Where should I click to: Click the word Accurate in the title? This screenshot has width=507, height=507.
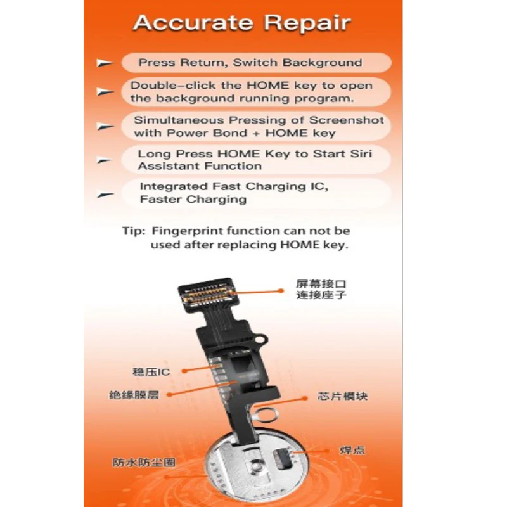193,23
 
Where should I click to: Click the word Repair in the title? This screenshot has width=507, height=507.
307,23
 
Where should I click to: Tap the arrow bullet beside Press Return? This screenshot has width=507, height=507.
105,63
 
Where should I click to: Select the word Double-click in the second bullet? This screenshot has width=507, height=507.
173,86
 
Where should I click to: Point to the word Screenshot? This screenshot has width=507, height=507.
346,120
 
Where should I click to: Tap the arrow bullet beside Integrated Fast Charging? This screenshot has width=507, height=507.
105,195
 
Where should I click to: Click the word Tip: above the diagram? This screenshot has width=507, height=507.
134,231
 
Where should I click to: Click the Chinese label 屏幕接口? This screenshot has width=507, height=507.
321,284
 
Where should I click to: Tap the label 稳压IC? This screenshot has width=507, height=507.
151,372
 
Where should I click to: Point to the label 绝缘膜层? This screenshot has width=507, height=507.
134,395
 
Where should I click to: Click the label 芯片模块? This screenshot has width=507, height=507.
343,397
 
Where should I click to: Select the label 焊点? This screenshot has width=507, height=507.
352,450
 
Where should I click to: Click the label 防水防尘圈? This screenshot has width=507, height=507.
144,463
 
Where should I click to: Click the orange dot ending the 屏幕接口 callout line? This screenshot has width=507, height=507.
281,291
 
